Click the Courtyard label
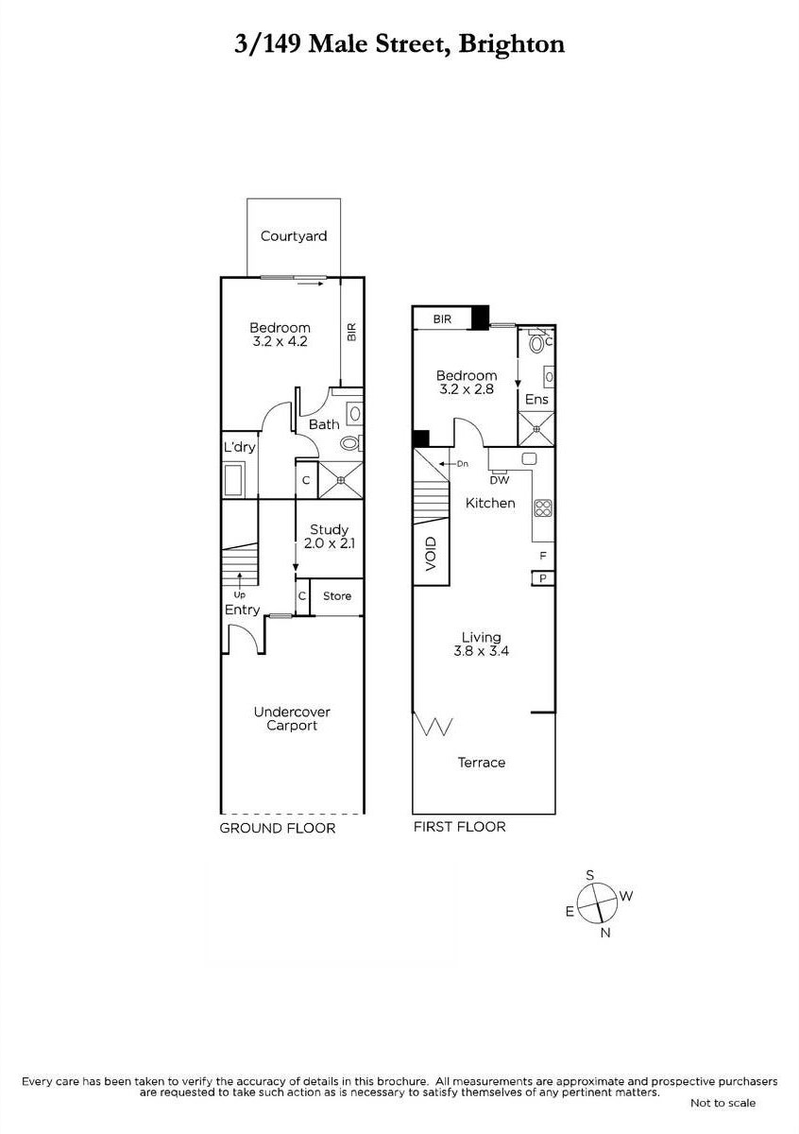tap(294, 236)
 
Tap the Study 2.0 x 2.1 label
tap(329, 537)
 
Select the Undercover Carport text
tap(292, 718)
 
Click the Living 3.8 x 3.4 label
tap(481, 644)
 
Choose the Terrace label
tap(482, 763)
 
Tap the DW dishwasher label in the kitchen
tap(499, 480)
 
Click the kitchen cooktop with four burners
tap(543, 507)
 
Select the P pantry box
tap(543, 578)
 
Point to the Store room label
tap(337, 596)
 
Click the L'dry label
tap(240, 447)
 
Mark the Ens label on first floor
tap(536, 400)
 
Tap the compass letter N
tap(605, 934)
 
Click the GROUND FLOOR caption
tap(278, 828)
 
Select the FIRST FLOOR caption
tap(459, 827)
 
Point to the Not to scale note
tap(722, 1103)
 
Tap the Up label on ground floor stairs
tap(240, 594)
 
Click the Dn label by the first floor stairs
tap(462, 464)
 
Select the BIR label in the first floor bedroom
tap(442, 319)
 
